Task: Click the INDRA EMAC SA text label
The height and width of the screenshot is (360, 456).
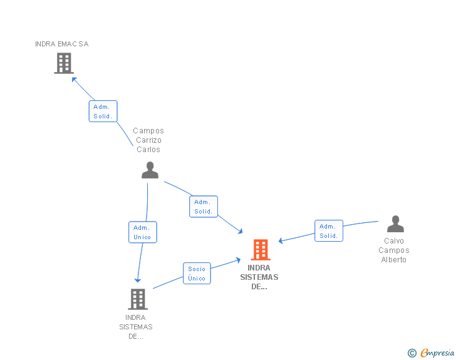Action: click(x=62, y=44)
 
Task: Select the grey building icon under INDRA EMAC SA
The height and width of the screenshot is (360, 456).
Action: click(x=63, y=63)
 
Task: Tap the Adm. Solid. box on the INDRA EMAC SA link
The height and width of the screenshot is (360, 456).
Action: click(x=103, y=111)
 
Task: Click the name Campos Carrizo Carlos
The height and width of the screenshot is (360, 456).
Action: click(x=148, y=140)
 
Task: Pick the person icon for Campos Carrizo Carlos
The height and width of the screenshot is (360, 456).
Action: click(x=150, y=170)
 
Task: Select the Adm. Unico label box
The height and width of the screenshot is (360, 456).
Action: click(x=142, y=232)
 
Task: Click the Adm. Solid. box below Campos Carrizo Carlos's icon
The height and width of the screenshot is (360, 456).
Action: click(x=203, y=207)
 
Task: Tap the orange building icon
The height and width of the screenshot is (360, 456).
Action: click(x=260, y=250)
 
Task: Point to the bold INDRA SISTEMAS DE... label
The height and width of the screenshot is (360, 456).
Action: click(x=259, y=277)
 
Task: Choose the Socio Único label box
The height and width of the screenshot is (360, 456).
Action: click(x=197, y=274)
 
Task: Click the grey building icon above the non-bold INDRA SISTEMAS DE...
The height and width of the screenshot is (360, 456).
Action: click(x=138, y=299)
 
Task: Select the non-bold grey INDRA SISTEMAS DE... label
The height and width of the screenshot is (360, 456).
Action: click(x=136, y=327)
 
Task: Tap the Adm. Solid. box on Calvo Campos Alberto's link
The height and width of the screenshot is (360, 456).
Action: click(x=328, y=231)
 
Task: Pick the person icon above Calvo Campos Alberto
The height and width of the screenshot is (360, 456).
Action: click(x=395, y=224)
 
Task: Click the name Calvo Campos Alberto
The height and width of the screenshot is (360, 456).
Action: click(x=394, y=250)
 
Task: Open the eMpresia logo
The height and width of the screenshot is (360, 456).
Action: click(x=437, y=353)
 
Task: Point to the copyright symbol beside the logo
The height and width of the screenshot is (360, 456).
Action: click(x=412, y=354)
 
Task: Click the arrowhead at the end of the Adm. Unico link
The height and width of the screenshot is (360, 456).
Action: click(x=138, y=280)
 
